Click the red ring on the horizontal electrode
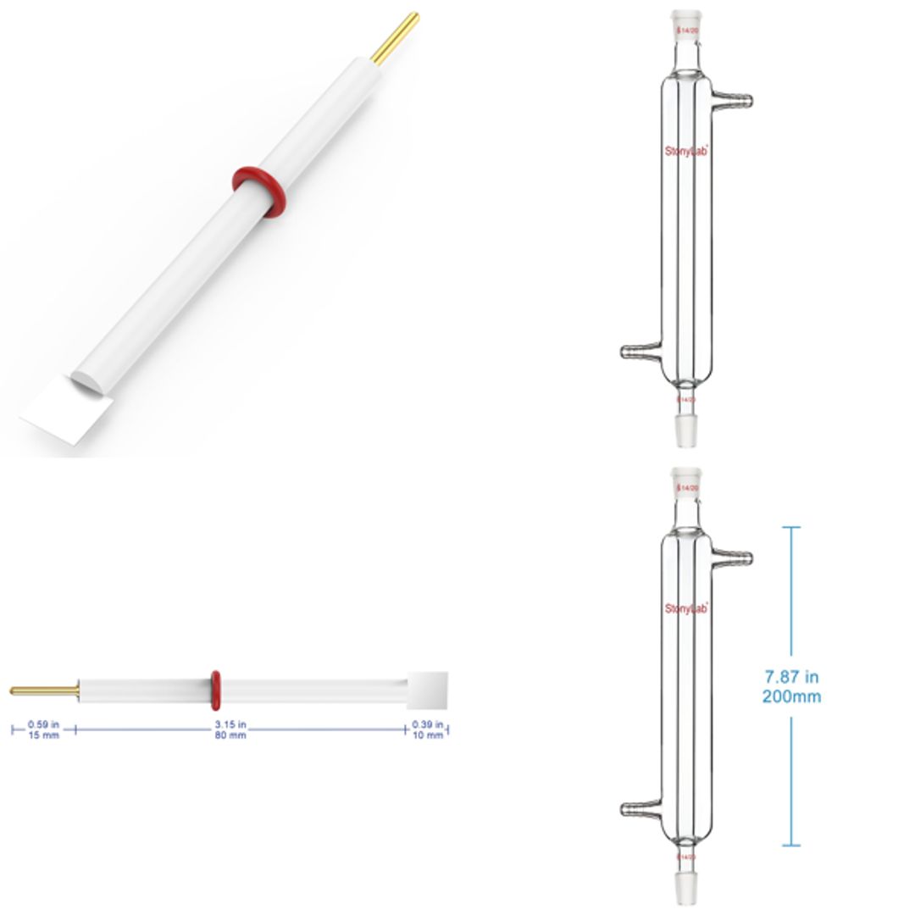tap(215, 690)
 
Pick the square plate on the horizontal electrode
tap(427, 690)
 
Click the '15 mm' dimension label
tap(44, 735)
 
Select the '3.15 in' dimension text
tap(230, 724)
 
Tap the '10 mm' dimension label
tap(427, 735)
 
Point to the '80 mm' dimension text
tap(230, 735)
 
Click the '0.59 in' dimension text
tap(44, 724)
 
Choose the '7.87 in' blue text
tap(791, 676)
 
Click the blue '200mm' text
tap(791, 696)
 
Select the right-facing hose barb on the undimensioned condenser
tap(734, 101)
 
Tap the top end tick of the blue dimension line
tap(790, 528)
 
